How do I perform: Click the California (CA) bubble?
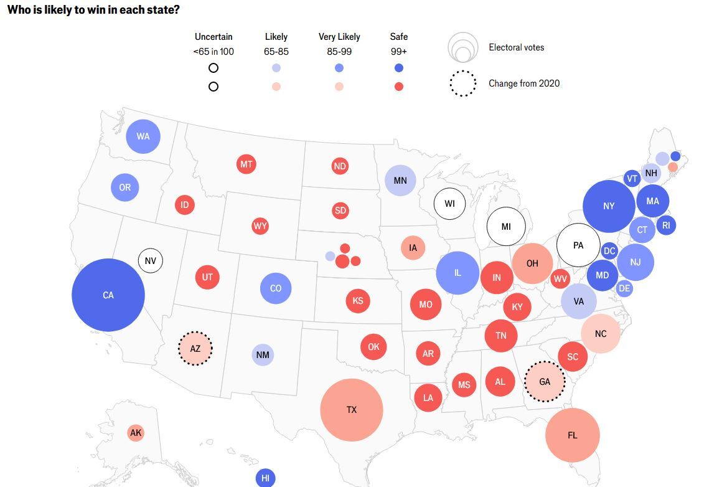pyautogui.click(x=108, y=295)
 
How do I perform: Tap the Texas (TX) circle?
pyautogui.click(x=352, y=410)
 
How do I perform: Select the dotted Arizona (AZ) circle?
pyautogui.click(x=195, y=349)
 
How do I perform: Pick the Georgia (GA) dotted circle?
pyautogui.click(x=545, y=381)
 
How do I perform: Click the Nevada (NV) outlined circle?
pyautogui.click(x=150, y=260)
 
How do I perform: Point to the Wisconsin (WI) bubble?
pyautogui.click(x=449, y=204)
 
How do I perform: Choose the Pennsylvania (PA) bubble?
pyautogui.click(x=578, y=245)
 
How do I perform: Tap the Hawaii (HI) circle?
pyautogui.click(x=265, y=478)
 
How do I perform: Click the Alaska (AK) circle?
pyautogui.click(x=136, y=433)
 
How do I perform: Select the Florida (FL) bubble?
pyautogui.click(x=573, y=435)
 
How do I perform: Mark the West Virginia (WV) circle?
pyautogui.click(x=560, y=278)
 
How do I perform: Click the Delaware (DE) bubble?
pyautogui.click(x=624, y=288)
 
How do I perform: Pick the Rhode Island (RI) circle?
pyautogui.click(x=666, y=225)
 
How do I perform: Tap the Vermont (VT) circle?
pyautogui.click(x=632, y=179)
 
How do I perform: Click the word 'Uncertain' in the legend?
pyautogui.click(x=213, y=37)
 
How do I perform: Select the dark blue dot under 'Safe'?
pyautogui.click(x=399, y=69)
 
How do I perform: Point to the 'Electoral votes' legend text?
pyautogui.click(x=516, y=47)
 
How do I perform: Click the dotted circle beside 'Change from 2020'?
pyautogui.click(x=462, y=83)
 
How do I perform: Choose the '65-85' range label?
pyautogui.click(x=276, y=52)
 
